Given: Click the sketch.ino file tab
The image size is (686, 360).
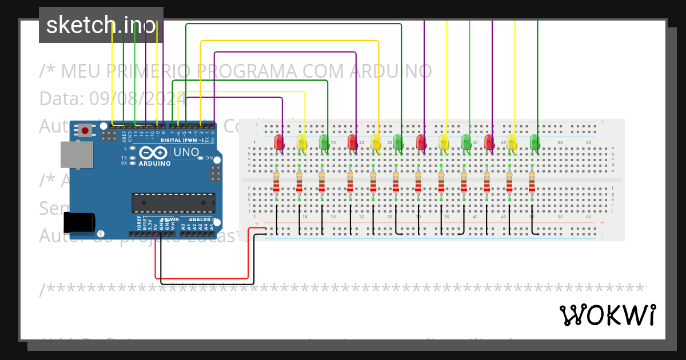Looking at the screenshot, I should (x=101, y=25).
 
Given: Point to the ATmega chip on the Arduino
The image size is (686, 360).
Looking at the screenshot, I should (x=173, y=203).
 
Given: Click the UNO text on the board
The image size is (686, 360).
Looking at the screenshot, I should (x=186, y=153).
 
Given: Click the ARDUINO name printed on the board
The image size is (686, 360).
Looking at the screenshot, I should (x=154, y=163).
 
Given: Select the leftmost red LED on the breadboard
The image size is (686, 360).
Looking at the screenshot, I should (x=279, y=142).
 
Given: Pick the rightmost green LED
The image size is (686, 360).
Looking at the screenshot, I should (x=535, y=142).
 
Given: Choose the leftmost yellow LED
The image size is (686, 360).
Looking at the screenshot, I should (x=302, y=142).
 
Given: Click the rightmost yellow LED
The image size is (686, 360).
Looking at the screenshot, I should (x=512, y=142).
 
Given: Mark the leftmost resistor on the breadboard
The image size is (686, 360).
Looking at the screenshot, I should (x=276, y=183).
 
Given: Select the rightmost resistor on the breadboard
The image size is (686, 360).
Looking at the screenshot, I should (x=532, y=183).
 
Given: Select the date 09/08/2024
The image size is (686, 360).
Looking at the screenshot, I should (x=137, y=98).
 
